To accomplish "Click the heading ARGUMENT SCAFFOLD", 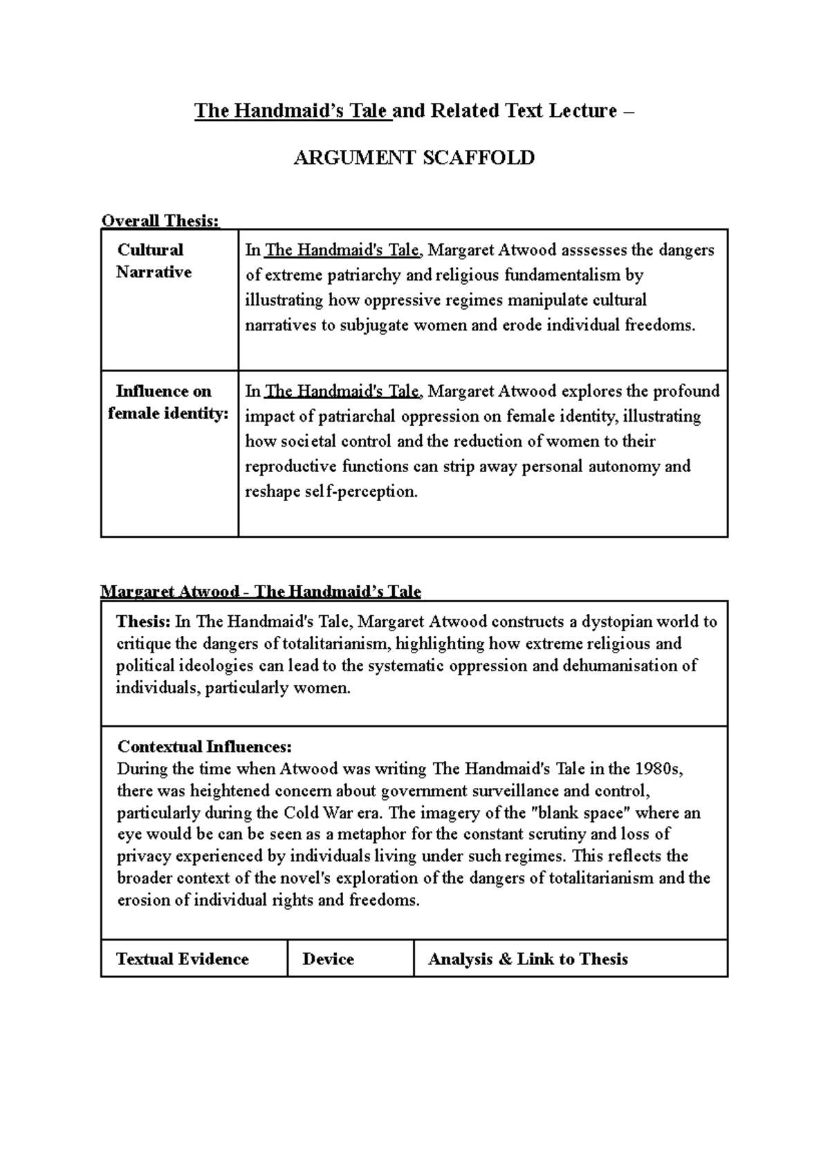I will (x=414, y=158).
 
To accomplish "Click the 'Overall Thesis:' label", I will (x=160, y=221).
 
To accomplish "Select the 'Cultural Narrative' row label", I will (x=153, y=261).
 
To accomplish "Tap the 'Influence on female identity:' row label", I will (x=168, y=403).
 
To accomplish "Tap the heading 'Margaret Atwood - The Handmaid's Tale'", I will (x=261, y=592).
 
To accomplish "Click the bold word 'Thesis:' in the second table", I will (x=143, y=621).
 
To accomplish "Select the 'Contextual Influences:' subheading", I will (x=205, y=747).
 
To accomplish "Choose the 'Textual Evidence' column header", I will (x=183, y=959).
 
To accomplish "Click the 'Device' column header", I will (x=329, y=959).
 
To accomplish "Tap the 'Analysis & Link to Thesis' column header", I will (x=528, y=959).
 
